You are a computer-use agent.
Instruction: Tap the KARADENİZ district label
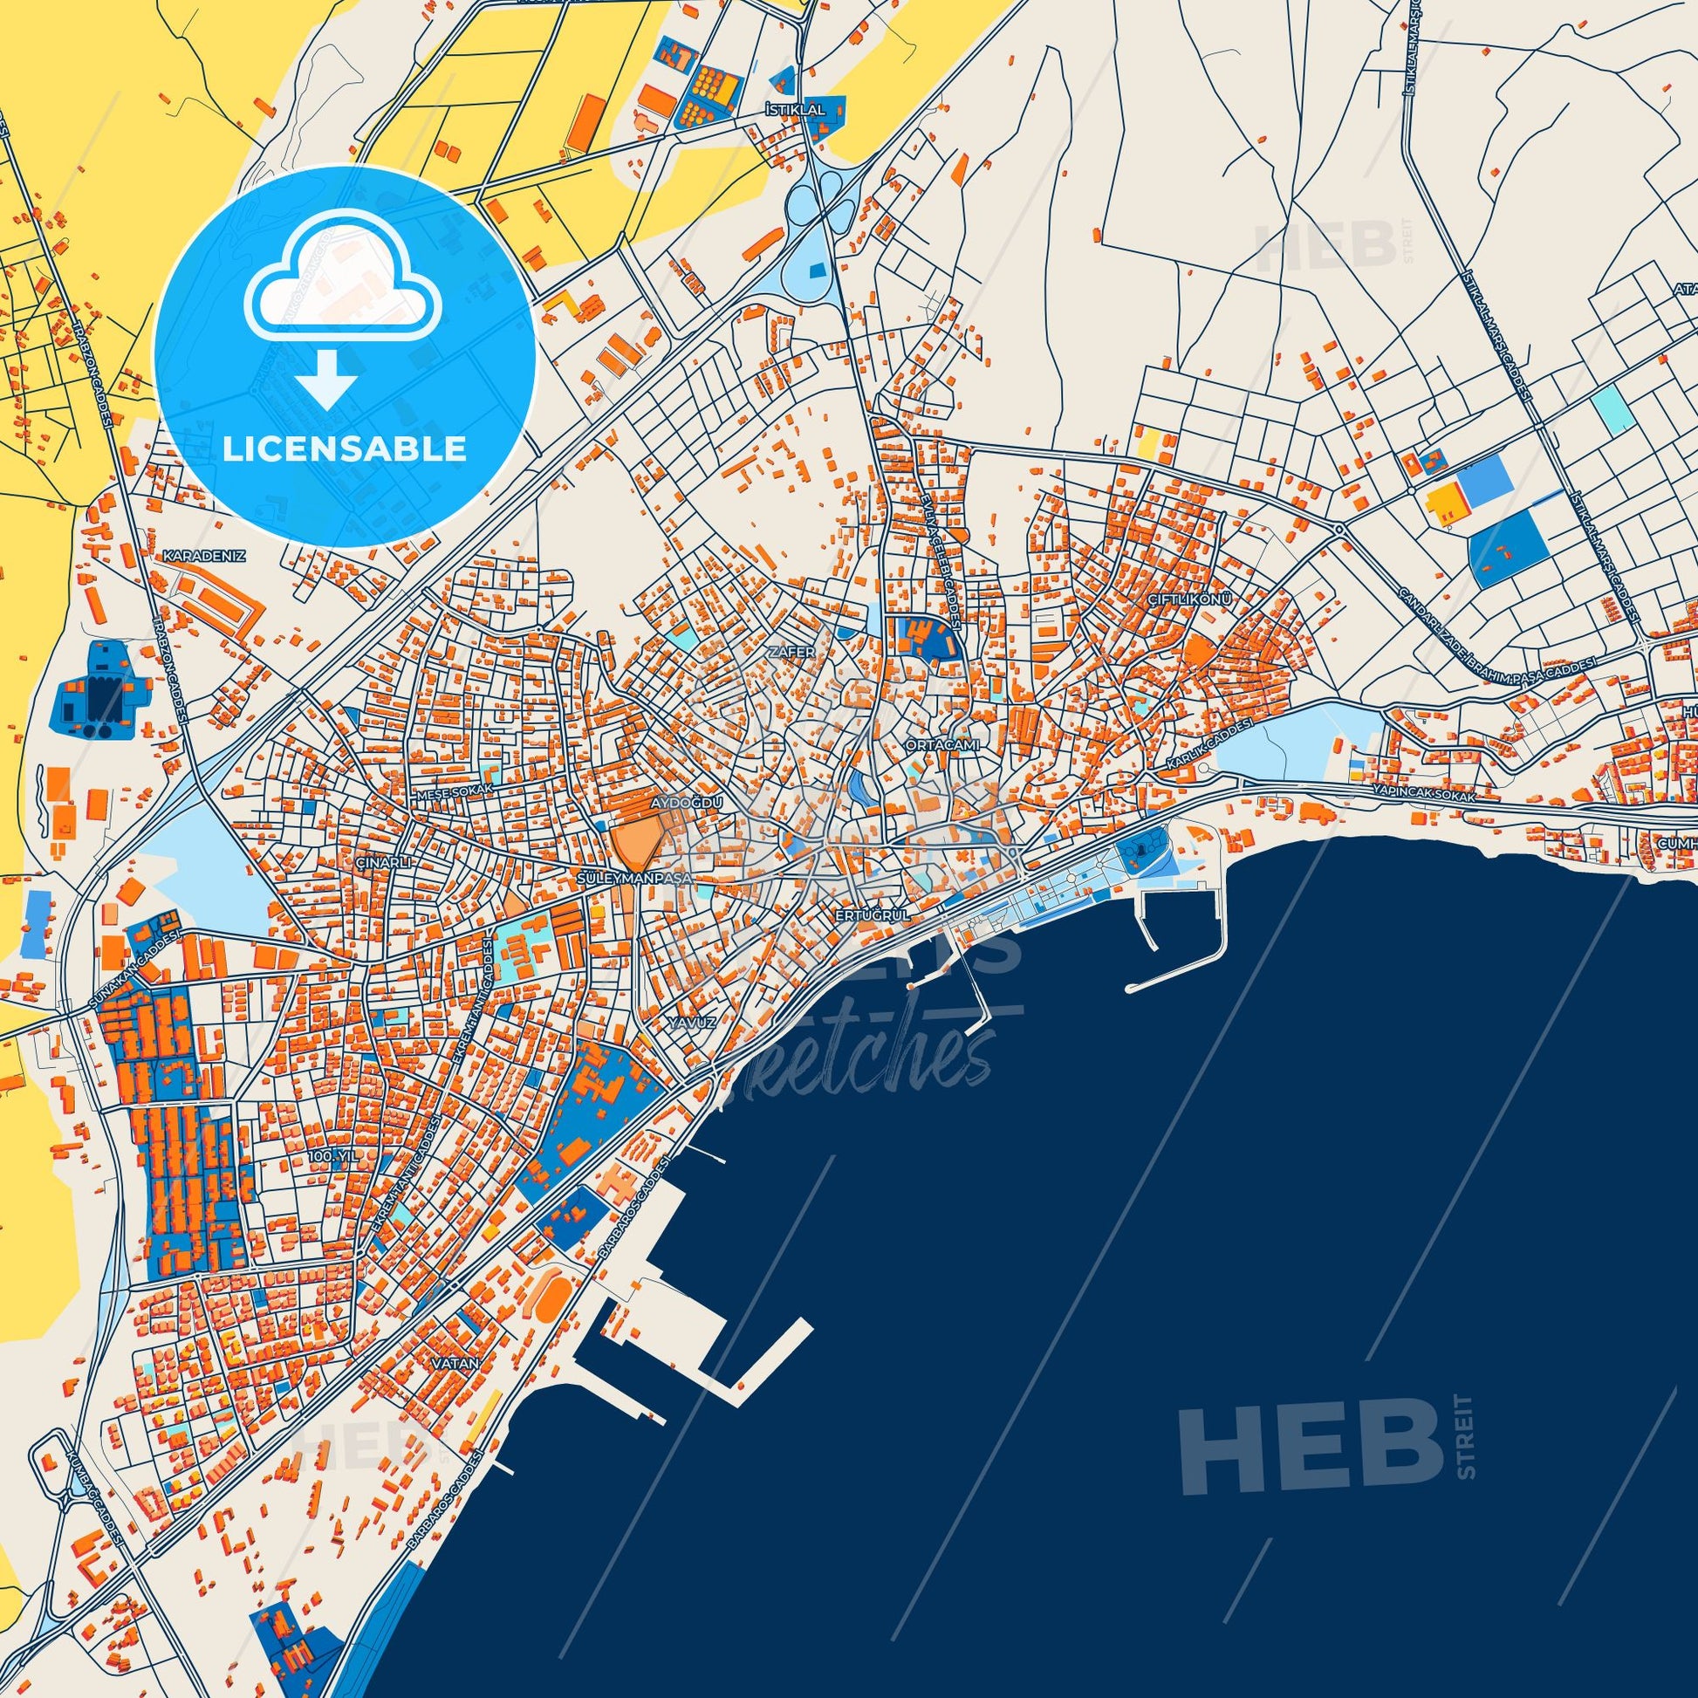click(203, 557)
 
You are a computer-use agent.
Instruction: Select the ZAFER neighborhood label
click(784, 652)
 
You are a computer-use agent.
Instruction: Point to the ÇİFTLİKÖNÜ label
click(1191, 598)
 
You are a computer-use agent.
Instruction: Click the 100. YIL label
click(334, 1158)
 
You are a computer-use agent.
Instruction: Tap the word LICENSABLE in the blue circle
click(345, 449)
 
